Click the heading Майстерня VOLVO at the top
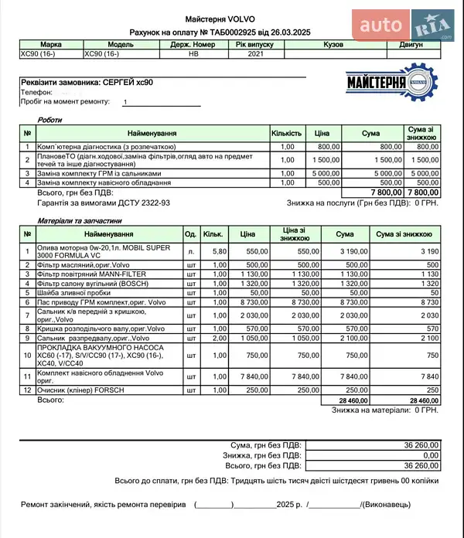pyautogui.click(x=220, y=19)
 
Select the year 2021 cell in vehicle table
pyautogui.click(x=255, y=55)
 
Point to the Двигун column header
pyautogui.click(x=411, y=45)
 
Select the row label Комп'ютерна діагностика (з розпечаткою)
pyautogui.click(x=107, y=146)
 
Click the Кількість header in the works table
pyautogui.click(x=287, y=134)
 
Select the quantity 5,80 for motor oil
pyautogui.click(x=219, y=251)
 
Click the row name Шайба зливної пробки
pyautogui.click(x=74, y=293)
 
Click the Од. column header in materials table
pyautogui.click(x=190, y=233)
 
